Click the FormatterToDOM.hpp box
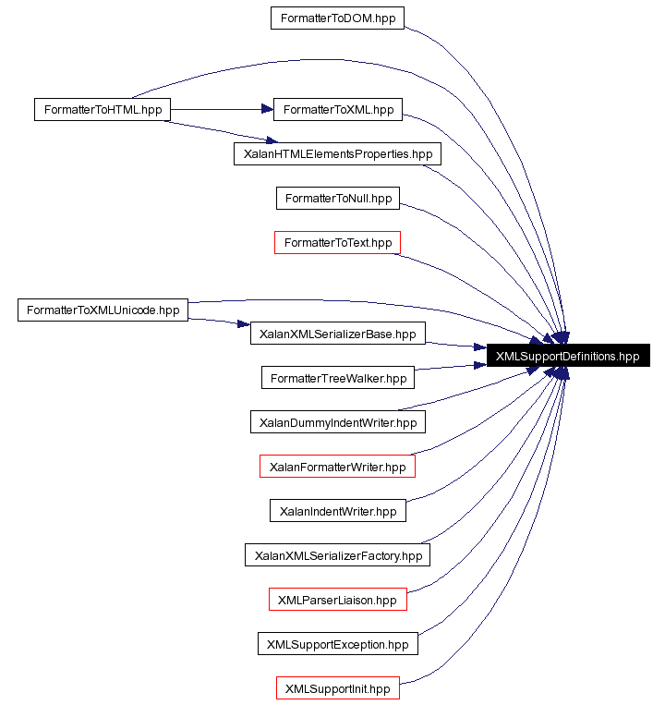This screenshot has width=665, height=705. [337, 18]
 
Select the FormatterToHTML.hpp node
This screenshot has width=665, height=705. [102, 109]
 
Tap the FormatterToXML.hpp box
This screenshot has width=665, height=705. [338, 109]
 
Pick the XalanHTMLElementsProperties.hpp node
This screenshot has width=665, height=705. [337, 153]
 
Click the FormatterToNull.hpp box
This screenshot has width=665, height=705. [337, 198]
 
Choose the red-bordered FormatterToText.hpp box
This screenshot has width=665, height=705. [337, 242]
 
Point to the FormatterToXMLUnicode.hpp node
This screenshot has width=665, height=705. [103, 310]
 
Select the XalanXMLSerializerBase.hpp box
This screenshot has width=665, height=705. [337, 334]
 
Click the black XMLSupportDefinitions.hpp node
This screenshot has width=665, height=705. [567, 356]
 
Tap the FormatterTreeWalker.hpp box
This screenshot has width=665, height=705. [337, 378]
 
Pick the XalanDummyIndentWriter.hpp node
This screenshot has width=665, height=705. [337, 422]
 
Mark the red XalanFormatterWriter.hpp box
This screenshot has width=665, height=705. [337, 467]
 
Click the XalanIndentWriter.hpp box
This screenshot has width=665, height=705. [337, 511]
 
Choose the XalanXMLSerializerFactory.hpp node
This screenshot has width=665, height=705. [337, 555]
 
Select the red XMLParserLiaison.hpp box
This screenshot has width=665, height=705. [337, 600]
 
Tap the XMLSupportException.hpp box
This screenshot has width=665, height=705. [337, 644]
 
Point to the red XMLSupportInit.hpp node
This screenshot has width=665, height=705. [337, 688]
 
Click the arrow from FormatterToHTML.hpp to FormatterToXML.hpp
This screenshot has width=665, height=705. [222, 109]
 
